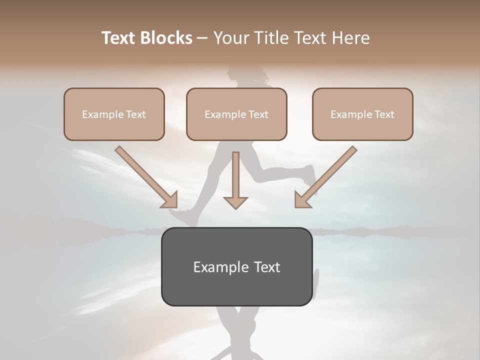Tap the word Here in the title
[350, 38]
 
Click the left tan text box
[114, 114]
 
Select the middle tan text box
[236, 114]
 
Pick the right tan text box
[362, 114]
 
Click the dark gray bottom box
[236, 266]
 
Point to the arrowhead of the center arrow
[235, 202]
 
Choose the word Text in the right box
[384, 114]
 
